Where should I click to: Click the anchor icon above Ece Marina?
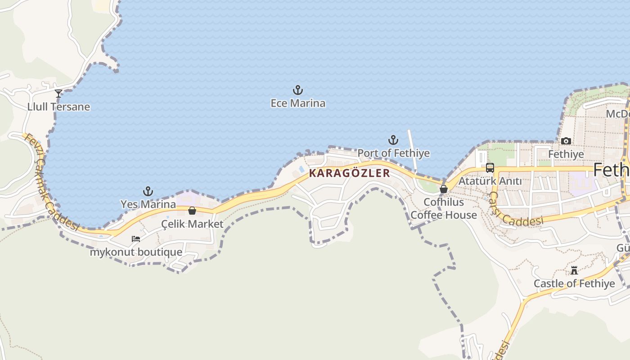click(x=297, y=90)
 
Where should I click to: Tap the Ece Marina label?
click(x=297, y=103)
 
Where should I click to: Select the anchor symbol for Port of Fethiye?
click(x=393, y=140)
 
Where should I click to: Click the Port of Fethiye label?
click(x=393, y=153)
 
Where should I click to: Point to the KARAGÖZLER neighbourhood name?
click(x=350, y=173)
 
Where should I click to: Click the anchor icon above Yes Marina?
click(x=148, y=191)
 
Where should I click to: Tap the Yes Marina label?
click(x=148, y=204)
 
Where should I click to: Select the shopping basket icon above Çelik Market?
click(x=192, y=211)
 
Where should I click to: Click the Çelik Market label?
click(x=192, y=224)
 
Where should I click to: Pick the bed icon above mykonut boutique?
click(x=136, y=239)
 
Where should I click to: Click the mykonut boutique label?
click(x=136, y=252)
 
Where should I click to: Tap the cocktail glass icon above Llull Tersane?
click(x=58, y=94)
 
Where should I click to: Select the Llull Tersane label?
click(x=58, y=107)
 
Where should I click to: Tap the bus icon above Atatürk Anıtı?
click(x=490, y=168)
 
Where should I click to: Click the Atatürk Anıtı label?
click(x=490, y=181)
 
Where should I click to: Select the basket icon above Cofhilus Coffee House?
click(x=444, y=189)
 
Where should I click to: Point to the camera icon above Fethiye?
click(x=566, y=141)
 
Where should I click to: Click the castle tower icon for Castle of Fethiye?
click(x=574, y=270)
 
